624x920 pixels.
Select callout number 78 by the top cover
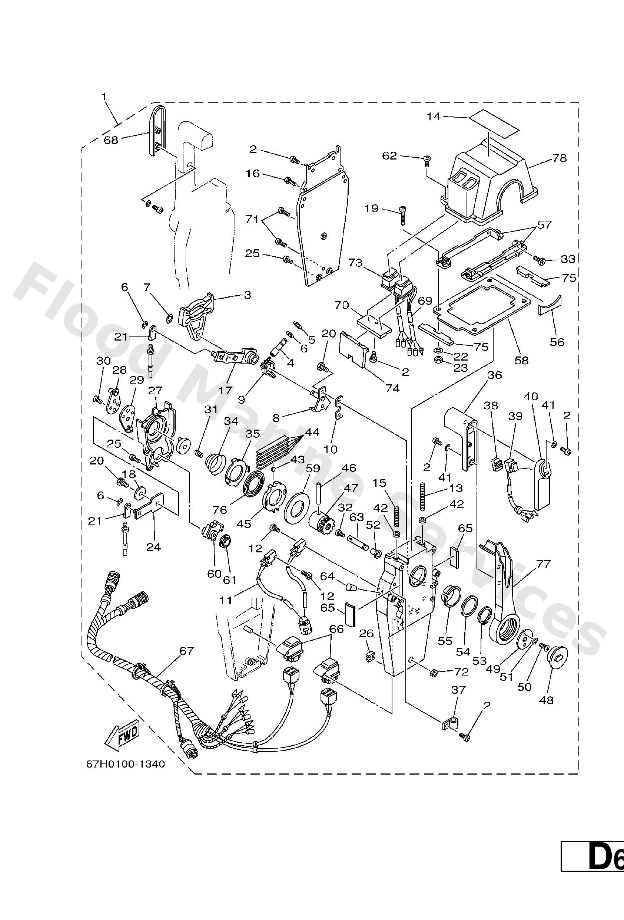click(x=559, y=158)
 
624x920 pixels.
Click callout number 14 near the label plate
click(x=434, y=116)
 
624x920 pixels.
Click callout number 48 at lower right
click(x=547, y=700)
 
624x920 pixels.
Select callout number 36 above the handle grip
click(x=494, y=375)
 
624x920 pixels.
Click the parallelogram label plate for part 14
click(x=493, y=125)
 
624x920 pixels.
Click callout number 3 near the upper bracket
click(x=247, y=295)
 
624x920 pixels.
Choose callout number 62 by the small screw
click(x=389, y=155)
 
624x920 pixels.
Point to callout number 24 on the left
click(x=153, y=547)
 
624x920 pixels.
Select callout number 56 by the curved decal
click(x=557, y=342)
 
